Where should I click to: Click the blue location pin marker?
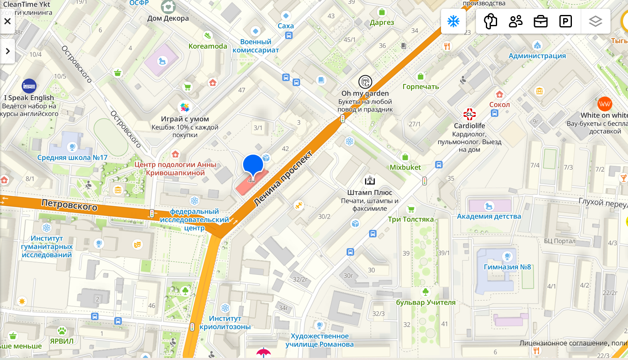tap(253, 165)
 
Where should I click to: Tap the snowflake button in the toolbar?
tap(453, 21)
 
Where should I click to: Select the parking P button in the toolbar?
tap(565, 21)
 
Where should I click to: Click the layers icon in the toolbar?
tap(595, 21)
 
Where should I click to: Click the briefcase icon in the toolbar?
tap(540, 21)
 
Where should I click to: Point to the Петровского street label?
tap(69, 205)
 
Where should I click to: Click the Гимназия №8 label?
tap(507, 267)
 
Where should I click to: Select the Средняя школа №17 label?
tap(72, 158)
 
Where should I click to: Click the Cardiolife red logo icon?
tap(469, 114)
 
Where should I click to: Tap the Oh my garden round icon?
tap(365, 82)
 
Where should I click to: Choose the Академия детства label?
tap(489, 216)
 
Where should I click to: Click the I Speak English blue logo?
tap(29, 86)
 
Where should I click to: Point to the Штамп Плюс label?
tap(369, 192)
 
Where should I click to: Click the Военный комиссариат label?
tap(256, 46)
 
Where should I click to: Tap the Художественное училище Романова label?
tap(319, 340)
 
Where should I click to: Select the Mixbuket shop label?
tap(405, 167)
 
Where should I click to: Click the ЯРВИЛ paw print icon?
tap(62, 331)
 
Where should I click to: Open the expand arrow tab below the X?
tap(7, 51)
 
